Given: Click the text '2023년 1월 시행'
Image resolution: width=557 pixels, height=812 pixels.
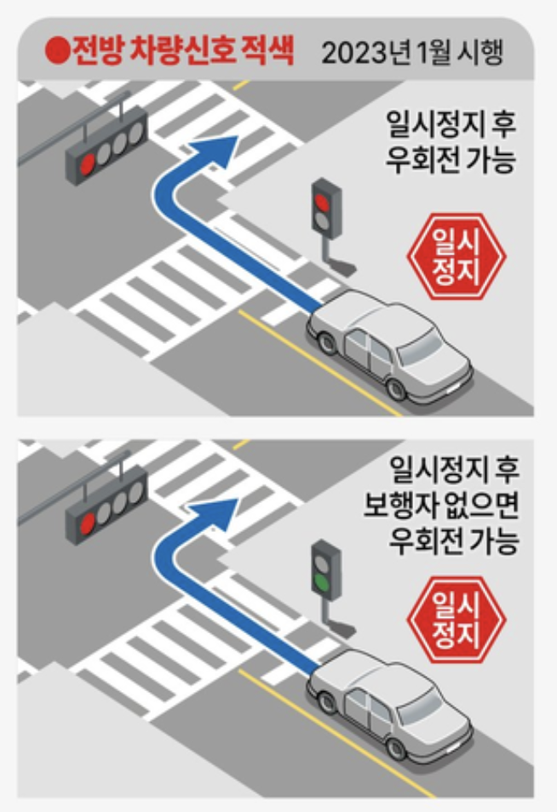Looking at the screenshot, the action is click(413, 54).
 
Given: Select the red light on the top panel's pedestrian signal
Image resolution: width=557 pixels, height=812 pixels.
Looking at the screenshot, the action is click(322, 198).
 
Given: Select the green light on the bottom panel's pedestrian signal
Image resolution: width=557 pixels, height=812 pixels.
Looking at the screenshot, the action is click(322, 584).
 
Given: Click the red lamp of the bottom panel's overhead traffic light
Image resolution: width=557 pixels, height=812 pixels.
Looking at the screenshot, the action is click(86, 520).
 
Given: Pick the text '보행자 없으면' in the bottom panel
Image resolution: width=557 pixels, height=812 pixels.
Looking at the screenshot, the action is click(452, 504).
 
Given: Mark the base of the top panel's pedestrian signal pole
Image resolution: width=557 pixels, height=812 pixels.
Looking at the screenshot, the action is click(342, 265).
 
